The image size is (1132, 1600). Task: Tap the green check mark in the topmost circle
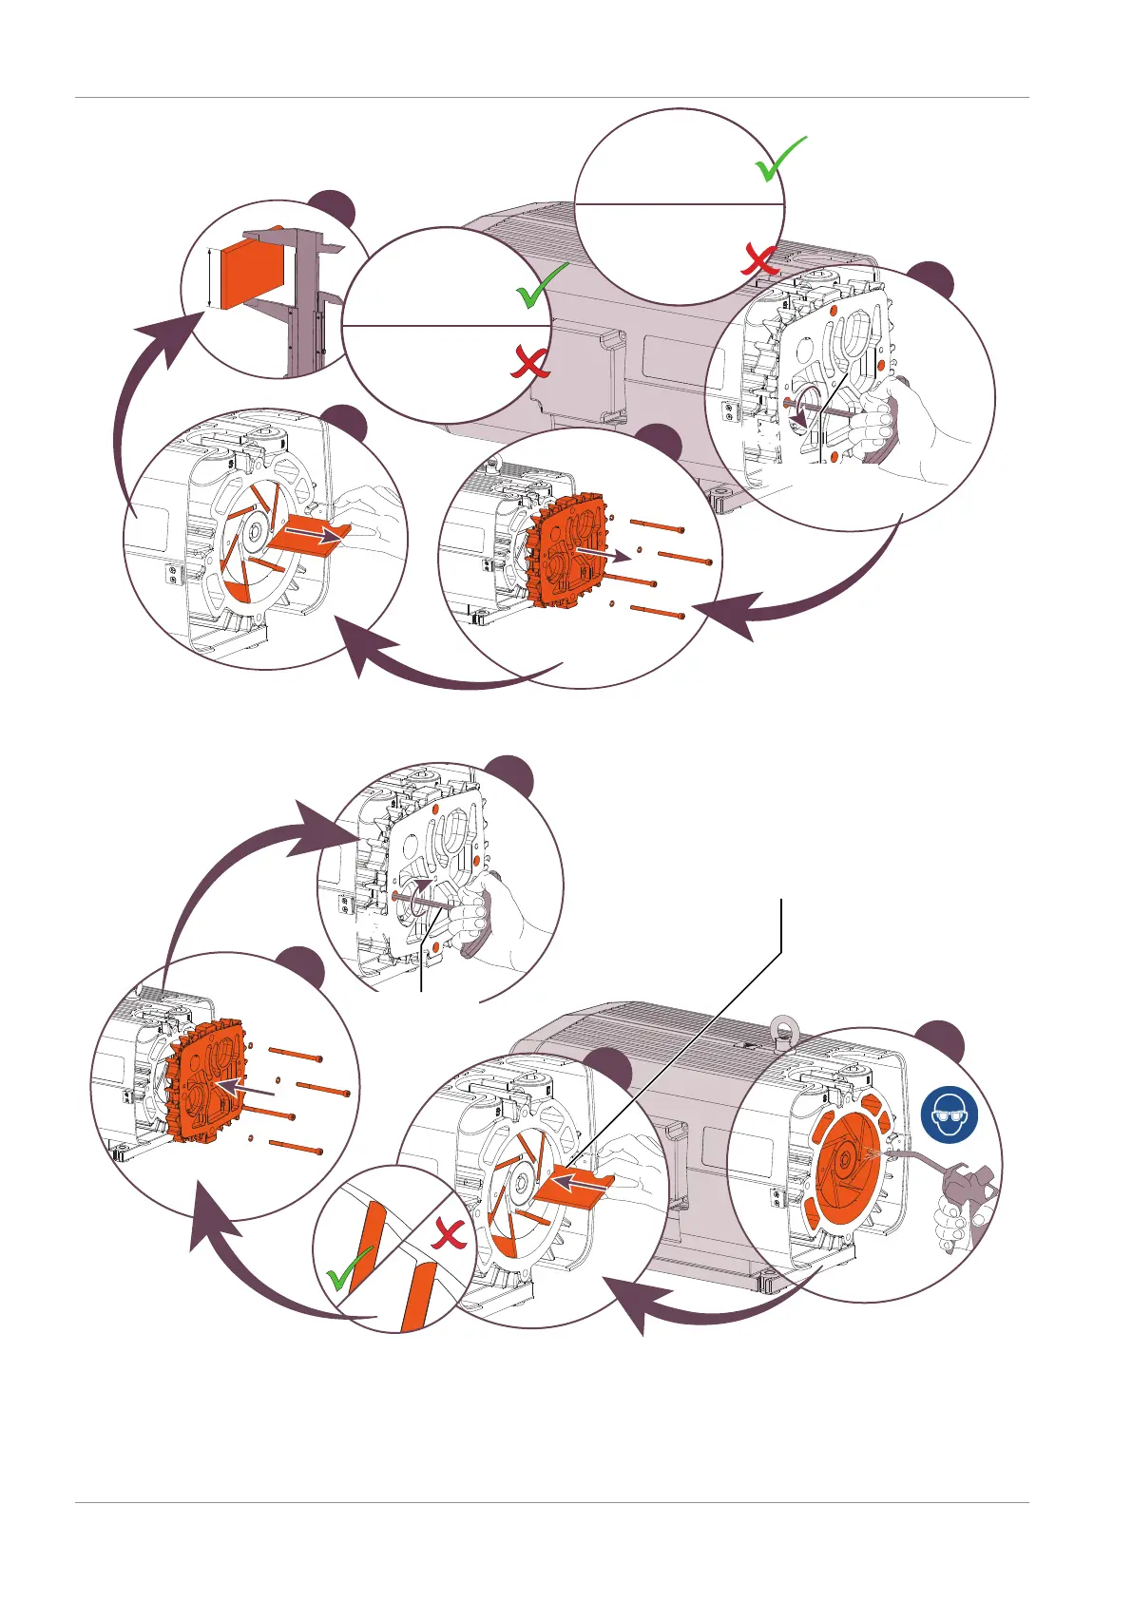tap(780, 159)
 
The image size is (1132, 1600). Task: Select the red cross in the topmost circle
tap(761, 258)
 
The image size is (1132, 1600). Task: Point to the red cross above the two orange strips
tap(450, 1236)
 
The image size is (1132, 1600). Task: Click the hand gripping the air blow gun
tap(954, 1226)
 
